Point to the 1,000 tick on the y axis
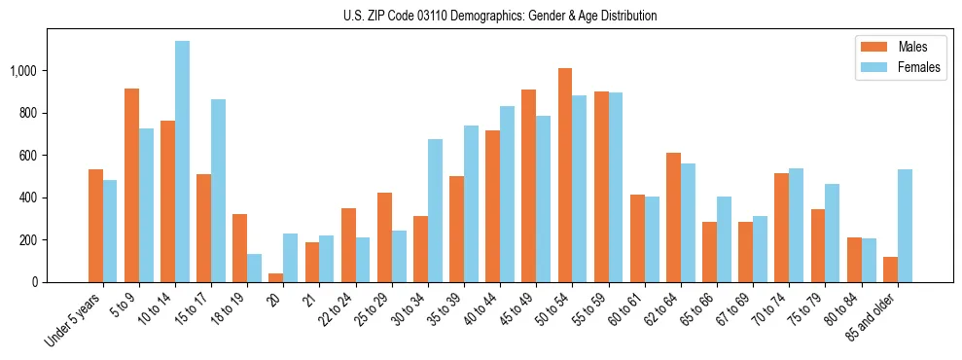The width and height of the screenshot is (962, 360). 23,71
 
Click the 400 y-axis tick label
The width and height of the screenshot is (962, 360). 28,198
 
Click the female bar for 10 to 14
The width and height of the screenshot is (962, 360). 183,162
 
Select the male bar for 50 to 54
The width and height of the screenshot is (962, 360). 565,175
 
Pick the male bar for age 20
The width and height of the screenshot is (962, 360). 276,277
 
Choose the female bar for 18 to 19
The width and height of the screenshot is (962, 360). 255,268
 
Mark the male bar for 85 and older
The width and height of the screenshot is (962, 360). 891,270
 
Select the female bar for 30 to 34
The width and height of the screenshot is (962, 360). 435,210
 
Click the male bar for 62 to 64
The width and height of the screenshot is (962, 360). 673,217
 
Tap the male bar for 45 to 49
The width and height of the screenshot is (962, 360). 529,186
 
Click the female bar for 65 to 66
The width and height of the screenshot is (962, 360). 724,239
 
